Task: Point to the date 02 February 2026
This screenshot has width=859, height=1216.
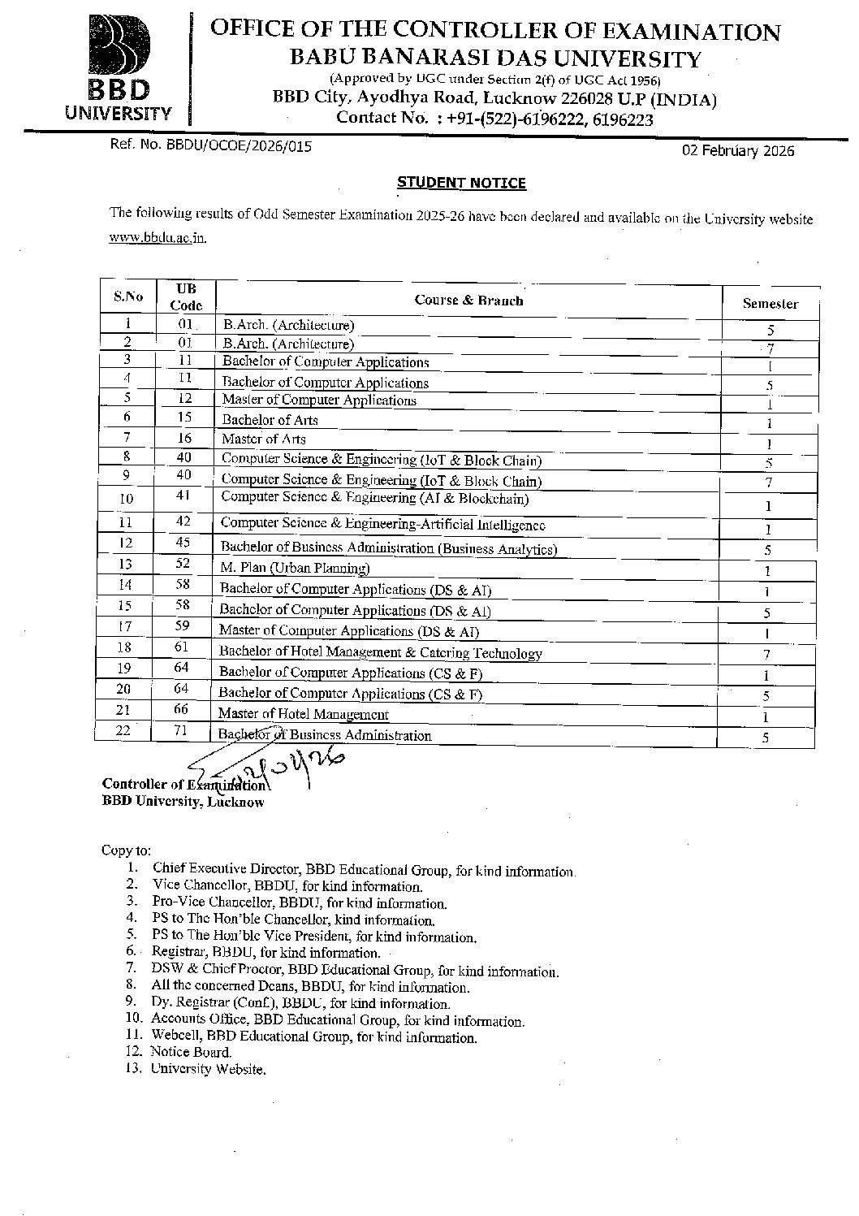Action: point(738,151)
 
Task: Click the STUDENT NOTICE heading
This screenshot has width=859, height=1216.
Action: point(461,183)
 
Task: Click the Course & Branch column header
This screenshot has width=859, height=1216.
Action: point(468,300)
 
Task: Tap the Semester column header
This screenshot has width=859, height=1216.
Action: point(770,304)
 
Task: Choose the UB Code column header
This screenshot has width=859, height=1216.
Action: point(185,297)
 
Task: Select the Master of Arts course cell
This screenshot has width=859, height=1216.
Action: point(264,439)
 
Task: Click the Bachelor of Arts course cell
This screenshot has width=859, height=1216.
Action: point(270,420)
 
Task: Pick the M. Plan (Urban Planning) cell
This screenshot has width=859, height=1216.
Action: point(295,568)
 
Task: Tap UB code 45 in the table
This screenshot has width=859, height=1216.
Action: point(183,542)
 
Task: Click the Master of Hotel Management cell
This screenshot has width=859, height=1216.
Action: point(303,714)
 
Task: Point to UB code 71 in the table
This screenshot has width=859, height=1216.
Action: point(180,731)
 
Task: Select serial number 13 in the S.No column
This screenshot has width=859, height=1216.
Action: point(125,564)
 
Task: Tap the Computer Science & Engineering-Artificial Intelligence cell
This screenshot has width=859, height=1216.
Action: point(382,525)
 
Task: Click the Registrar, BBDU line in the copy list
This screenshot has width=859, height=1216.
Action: point(265,952)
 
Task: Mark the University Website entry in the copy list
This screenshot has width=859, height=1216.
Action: point(208,1069)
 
